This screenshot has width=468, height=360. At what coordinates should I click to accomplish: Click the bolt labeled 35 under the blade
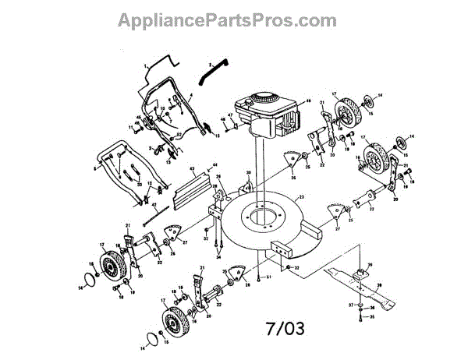click(360, 317)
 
